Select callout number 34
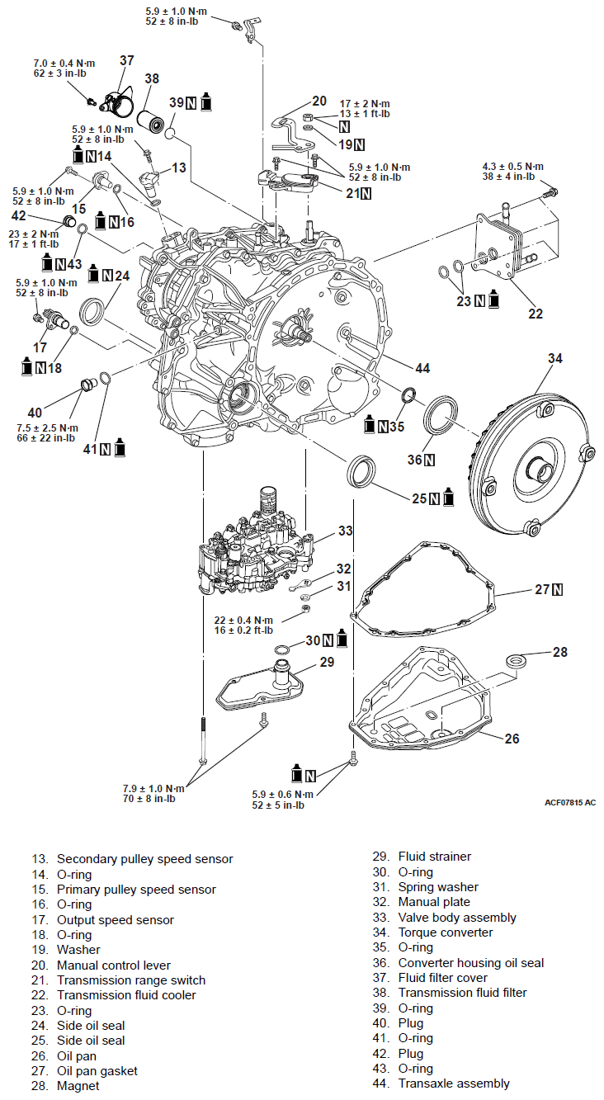point(555,359)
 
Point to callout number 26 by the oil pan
point(512,739)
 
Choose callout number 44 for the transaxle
point(422,368)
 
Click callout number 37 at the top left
point(126,60)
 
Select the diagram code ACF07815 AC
point(569,802)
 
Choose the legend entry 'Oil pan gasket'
point(97,1071)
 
